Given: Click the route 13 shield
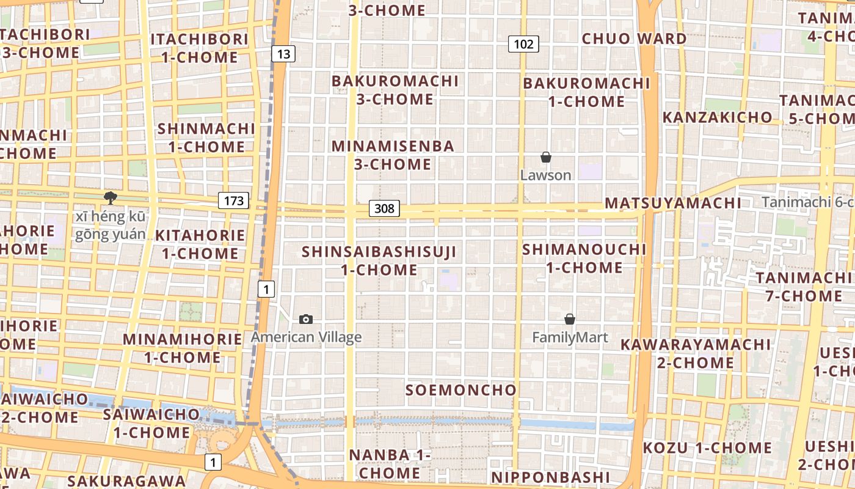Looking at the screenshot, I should click(x=283, y=54).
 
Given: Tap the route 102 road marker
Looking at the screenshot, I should click(x=523, y=43).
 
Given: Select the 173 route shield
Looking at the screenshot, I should click(x=233, y=200).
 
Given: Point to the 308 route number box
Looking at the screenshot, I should click(x=384, y=208).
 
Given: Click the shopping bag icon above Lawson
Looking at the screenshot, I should click(x=546, y=158).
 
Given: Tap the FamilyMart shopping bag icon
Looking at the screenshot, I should click(x=570, y=319).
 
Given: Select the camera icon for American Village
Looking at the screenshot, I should click(x=307, y=319).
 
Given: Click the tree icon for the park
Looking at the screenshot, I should click(x=111, y=197).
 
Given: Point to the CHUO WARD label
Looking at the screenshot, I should click(x=634, y=39).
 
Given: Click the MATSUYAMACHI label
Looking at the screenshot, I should click(x=672, y=203).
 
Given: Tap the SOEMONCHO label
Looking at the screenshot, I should click(x=461, y=390).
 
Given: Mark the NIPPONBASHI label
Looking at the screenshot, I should click(x=550, y=477).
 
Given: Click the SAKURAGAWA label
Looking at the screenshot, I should click(x=126, y=481).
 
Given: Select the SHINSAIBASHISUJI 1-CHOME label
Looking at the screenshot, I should click(x=379, y=260).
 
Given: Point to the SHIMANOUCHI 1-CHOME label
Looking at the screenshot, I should click(x=584, y=258).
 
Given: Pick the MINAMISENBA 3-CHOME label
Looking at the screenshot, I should click(x=393, y=155).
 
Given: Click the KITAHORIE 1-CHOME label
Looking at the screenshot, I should click(x=200, y=244).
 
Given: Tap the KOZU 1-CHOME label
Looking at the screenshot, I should click(x=707, y=447).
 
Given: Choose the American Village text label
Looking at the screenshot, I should click(x=306, y=337).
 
